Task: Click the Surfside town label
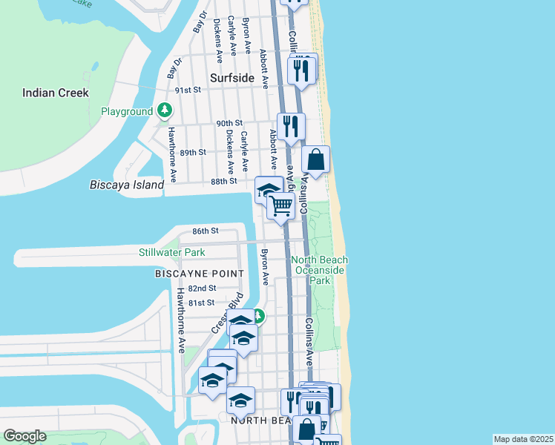coord(231,77)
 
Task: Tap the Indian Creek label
coord(56,93)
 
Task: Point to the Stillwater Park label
coord(171,253)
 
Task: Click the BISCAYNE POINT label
coord(199,274)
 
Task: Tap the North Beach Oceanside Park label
coord(319,271)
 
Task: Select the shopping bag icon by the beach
coord(316,159)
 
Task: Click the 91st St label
coord(188,90)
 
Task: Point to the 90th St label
coord(230,123)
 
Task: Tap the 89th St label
coord(192,152)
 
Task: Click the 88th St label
coord(223,181)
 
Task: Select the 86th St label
coord(205,231)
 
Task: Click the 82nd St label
coord(202,288)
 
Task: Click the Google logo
coord(24,436)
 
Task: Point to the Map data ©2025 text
coord(523,439)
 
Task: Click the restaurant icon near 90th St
coord(291,126)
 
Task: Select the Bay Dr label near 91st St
coord(174,68)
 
